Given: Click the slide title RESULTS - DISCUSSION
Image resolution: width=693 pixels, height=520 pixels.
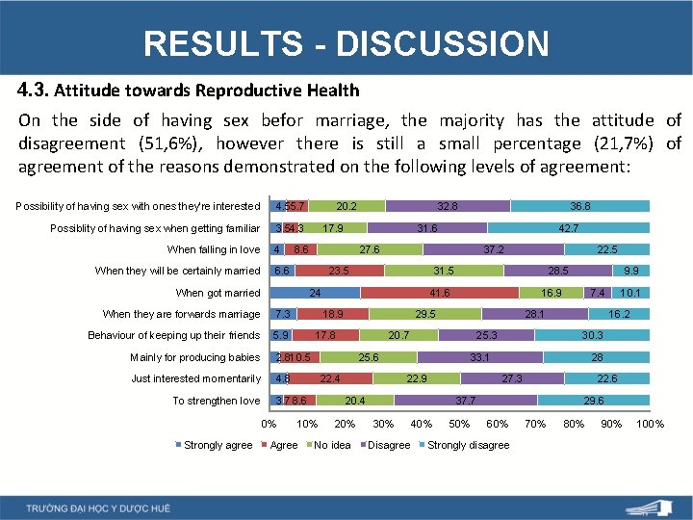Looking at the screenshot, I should pyautogui.click(x=346, y=43).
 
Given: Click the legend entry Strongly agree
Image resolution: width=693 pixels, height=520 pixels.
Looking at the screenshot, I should pyautogui.click(x=213, y=445).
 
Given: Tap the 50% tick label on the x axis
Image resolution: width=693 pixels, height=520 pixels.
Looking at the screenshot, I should pyautogui.click(x=459, y=424).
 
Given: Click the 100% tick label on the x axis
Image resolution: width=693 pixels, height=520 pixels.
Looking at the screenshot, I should pyautogui.click(x=651, y=424).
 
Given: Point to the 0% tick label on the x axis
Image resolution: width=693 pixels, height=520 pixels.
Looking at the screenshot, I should pyautogui.click(x=269, y=424).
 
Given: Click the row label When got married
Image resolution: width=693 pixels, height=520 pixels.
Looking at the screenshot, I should pyautogui.click(x=218, y=293).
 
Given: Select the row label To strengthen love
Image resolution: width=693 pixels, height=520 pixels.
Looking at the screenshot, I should pyautogui.click(x=217, y=401).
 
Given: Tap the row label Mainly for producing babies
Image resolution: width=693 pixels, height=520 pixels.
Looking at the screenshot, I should pyautogui.click(x=195, y=357).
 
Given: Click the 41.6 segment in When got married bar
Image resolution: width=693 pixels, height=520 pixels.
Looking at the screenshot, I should pyautogui.click(x=440, y=293).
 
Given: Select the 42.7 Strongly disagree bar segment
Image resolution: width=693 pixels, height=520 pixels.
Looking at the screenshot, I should pyautogui.click(x=568, y=228).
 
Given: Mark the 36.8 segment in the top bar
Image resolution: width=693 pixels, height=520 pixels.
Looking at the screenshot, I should pyautogui.click(x=579, y=206).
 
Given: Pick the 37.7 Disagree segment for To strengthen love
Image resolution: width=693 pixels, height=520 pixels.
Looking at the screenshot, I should pyautogui.click(x=465, y=401).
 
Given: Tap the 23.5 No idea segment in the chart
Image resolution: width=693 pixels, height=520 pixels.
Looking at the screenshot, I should pyautogui.click(x=339, y=272).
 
